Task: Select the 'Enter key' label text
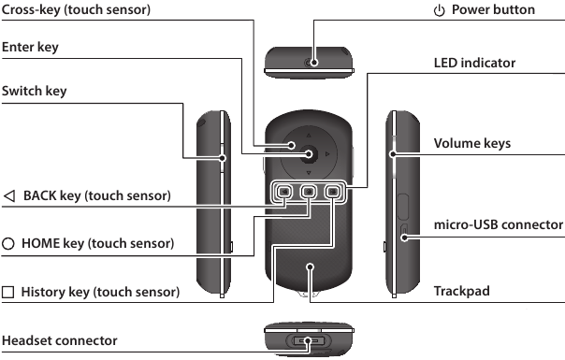tap(33, 47)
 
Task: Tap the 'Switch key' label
tap(38, 93)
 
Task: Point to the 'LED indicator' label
tap(475, 64)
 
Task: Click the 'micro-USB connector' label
tap(499, 225)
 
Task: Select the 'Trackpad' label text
tap(462, 292)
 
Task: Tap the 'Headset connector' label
tap(59, 340)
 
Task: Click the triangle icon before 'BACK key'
tap(9, 196)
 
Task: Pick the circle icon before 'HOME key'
tap(9, 244)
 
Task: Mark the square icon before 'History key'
tap(9, 292)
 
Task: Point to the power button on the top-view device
tap(314, 64)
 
